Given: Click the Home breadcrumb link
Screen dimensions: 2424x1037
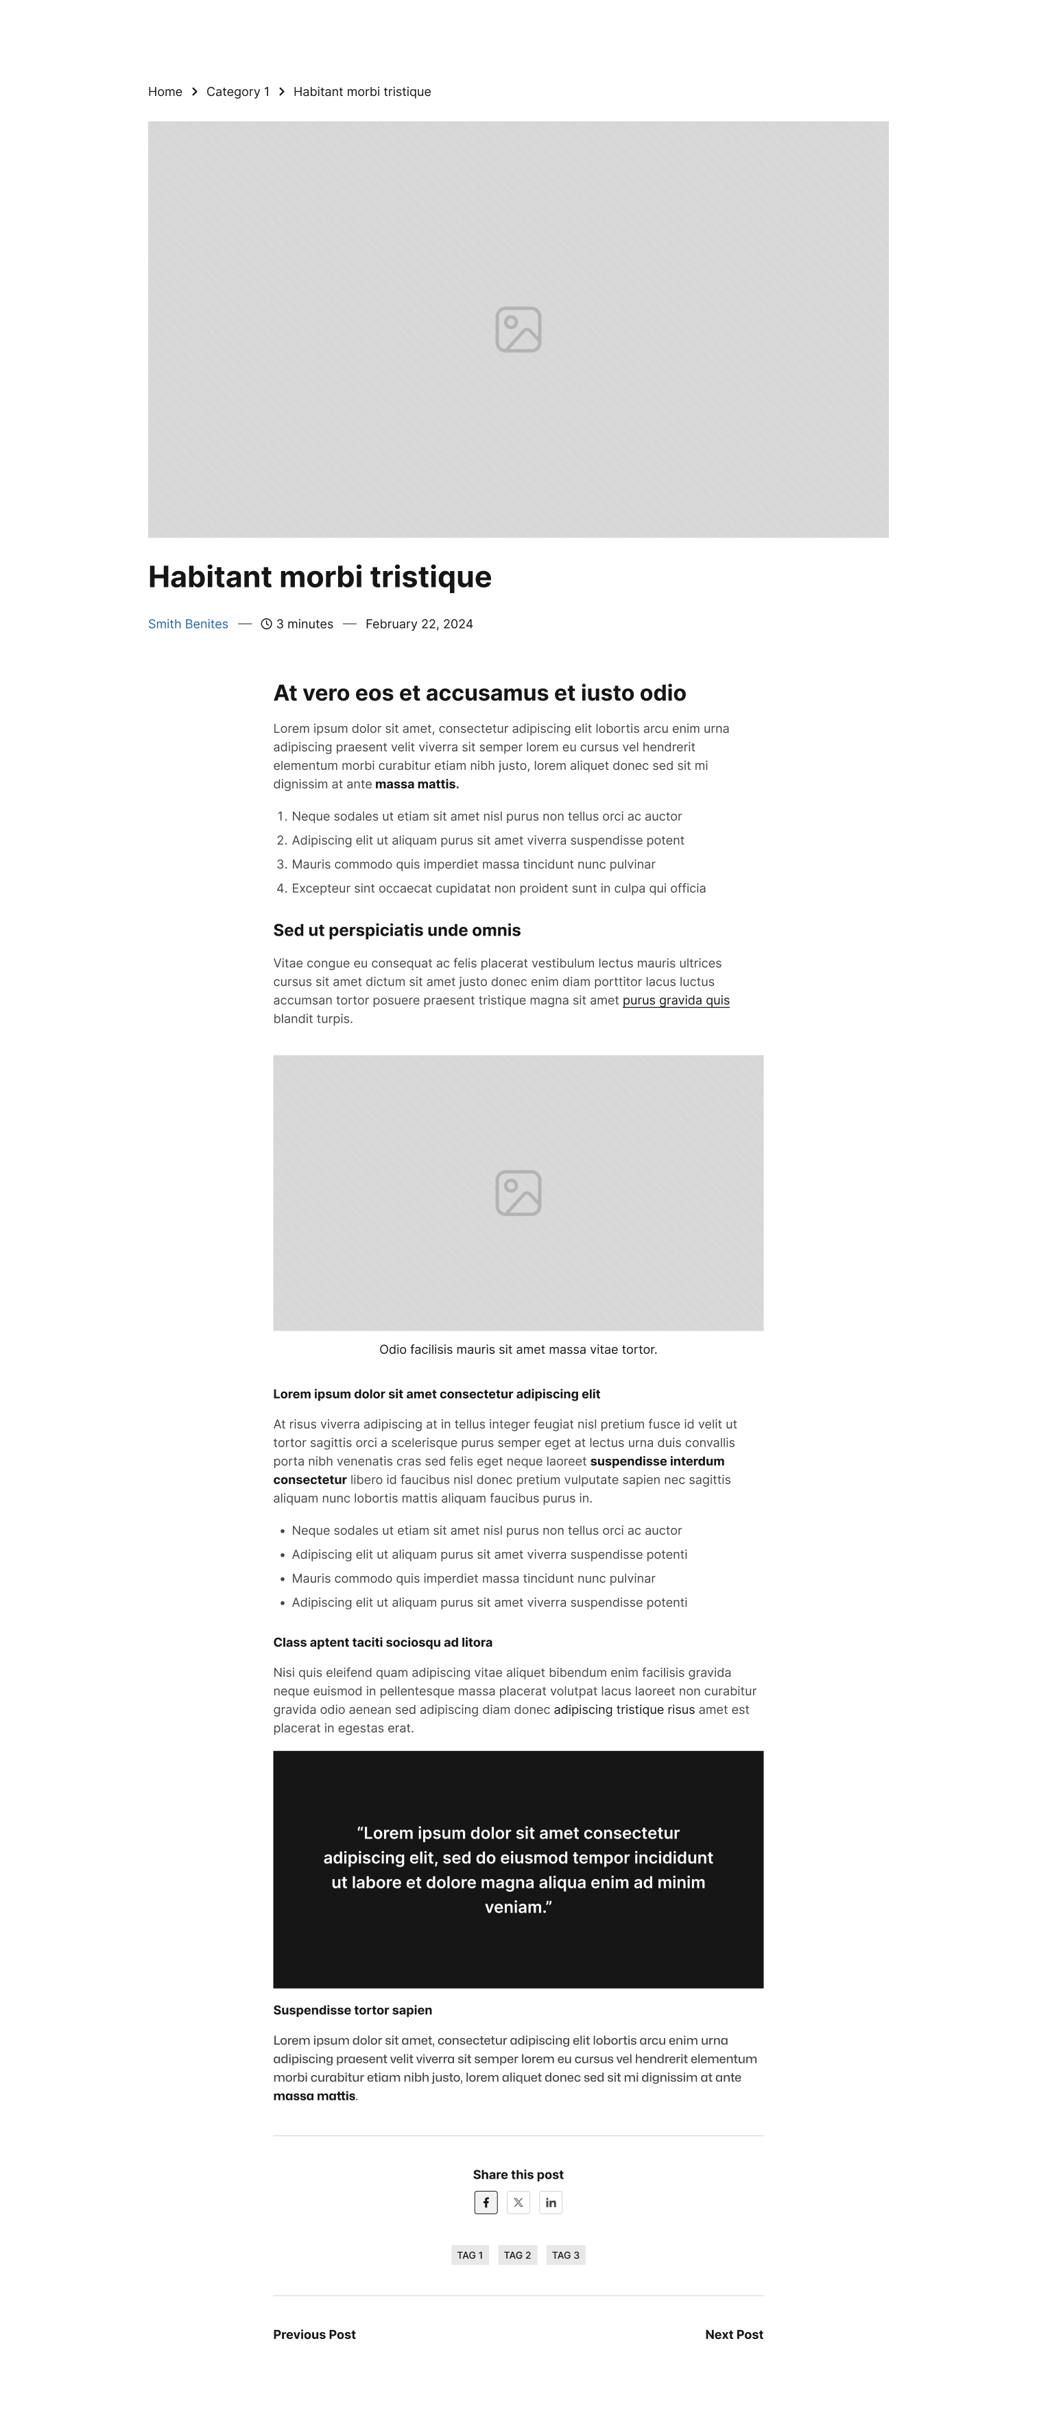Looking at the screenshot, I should tap(165, 91).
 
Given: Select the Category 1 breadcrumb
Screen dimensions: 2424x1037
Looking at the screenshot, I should tap(237, 91).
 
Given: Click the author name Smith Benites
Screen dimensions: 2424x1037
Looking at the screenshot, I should tap(188, 624).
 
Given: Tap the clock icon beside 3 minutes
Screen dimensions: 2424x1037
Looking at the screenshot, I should tap(266, 624).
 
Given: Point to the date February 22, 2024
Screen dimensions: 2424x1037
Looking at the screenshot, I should tap(419, 624).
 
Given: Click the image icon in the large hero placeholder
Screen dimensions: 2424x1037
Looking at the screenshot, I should tap(518, 329).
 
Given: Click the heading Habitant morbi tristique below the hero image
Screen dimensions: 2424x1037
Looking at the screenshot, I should tap(320, 577).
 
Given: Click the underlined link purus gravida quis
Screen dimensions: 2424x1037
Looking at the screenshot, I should tap(676, 1000).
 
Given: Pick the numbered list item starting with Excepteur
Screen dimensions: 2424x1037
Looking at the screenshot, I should tap(498, 888).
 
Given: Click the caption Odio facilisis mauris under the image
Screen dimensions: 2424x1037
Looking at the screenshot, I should tap(518, 1349).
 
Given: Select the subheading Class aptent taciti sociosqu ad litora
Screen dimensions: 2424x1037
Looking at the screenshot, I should tap(382, 1642).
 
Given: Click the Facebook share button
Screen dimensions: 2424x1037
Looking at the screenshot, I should tap(486, 2202).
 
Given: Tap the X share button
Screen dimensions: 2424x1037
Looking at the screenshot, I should tap(518, 2202).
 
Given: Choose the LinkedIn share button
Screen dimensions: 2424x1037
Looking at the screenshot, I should tap(551, 2202).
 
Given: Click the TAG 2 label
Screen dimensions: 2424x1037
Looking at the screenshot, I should tap(518, 2255).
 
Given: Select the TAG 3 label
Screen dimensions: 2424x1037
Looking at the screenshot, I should tap(566, 2255).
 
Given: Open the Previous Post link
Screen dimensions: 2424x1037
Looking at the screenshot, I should tap(314, 2335).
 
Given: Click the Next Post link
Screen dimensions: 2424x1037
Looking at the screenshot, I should tap(734, 2335).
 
